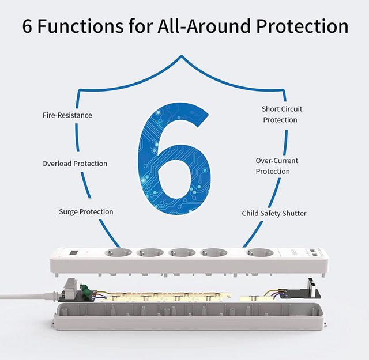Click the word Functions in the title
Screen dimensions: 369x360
tap(80, 26)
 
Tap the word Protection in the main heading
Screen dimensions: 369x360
tap(302, 26)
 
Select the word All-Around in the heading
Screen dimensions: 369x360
tap(204, 26)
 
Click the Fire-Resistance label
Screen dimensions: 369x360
tap(67, 115)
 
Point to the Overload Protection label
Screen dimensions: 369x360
tap(74, 164)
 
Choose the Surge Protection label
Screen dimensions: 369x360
tap(86, 211)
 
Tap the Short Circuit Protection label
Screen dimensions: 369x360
tap(282, 114)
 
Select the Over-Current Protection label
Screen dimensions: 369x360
tap(277, 166)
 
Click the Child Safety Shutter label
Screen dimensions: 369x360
tap(274, 213)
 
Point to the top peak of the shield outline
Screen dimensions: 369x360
tap(182, 56)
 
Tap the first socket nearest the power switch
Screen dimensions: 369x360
tap(118, 253)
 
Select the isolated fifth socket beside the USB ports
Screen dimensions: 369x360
tap(260, 253)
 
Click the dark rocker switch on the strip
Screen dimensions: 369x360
tap(73, 253)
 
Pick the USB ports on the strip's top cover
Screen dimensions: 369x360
tap(313, 252)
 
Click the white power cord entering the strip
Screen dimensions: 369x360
tap(28, 295)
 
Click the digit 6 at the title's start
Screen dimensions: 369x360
tap(27, 26)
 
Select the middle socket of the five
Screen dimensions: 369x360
tap(182, 253)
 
